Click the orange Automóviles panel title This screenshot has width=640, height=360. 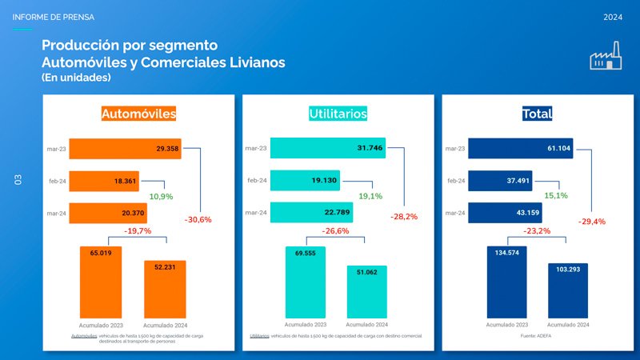pyautogui.click(x=138, y=114)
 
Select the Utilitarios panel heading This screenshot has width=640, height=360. pyautogui.click(x=338, y=114)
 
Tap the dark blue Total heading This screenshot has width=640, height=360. pyautogui.click(x=537, y=114)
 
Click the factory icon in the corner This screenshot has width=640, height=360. pyautogui.click(x=606, y=58)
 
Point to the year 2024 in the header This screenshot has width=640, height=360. pyautogui.click(x=613, y=17)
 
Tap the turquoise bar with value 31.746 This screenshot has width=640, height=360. pyautogui.click(x=328, y=147)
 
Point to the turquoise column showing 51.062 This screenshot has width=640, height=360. pyautogui.click(x=366, y=290)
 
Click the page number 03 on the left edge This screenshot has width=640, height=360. pyautogui.click(x=17, y=180)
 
